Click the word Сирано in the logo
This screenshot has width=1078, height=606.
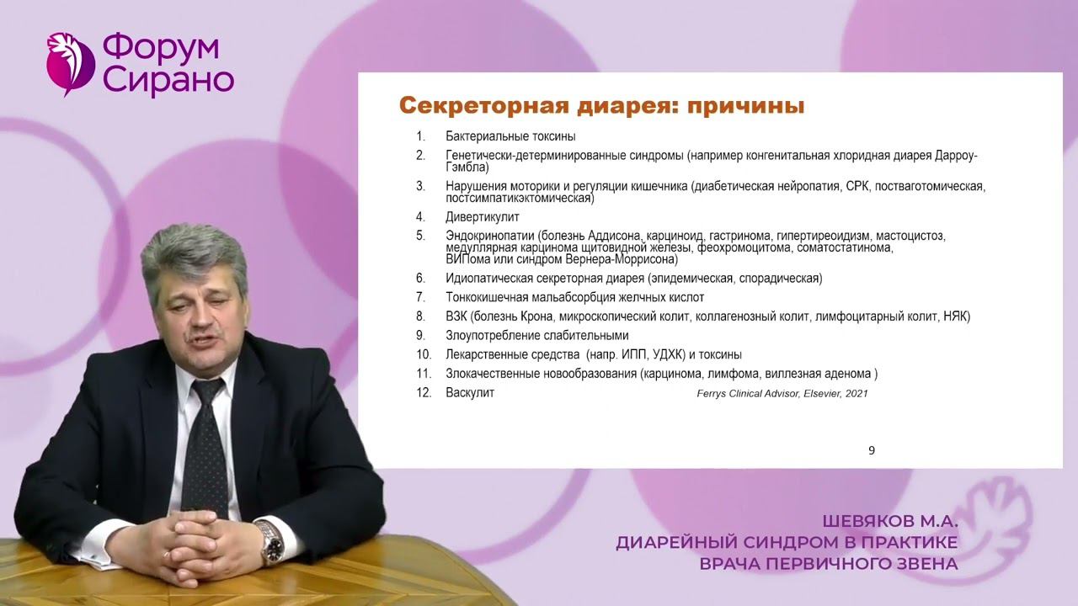point(168,81)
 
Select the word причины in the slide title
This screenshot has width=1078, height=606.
point(746,107)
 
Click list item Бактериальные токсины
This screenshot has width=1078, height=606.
point(510,136)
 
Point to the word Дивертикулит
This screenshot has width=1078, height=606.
point(483,217)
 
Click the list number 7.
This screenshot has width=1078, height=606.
point(420,297)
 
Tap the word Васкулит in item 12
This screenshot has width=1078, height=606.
point(470,393)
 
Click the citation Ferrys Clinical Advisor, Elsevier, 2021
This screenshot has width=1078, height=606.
point(782,394)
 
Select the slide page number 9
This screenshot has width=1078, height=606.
point(872,450)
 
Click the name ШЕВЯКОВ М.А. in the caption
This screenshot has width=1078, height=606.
point(891,522)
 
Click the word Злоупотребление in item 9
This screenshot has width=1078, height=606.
point(490,336)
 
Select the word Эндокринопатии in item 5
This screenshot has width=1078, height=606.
point(490,236)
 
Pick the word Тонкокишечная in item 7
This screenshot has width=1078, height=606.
point(488,297)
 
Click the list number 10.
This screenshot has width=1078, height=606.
point(424,355)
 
